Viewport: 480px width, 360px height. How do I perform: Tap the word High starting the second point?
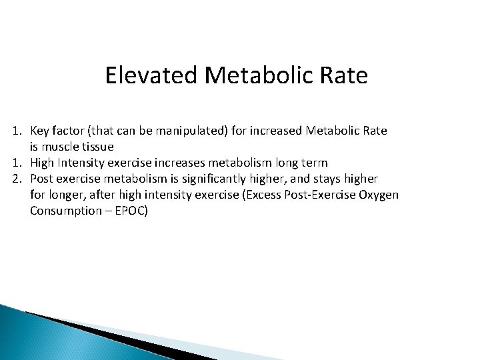pos(42,163)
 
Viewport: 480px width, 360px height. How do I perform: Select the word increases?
pos(170,163)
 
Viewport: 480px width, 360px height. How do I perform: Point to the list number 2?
pos(15,179)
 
